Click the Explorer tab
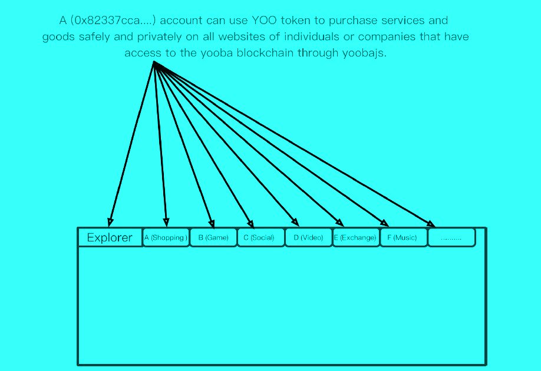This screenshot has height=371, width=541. (110, 237)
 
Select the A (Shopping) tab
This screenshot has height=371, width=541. (166, 237)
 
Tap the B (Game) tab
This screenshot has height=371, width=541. (213, 237)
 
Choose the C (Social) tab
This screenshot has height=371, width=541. (261, 237)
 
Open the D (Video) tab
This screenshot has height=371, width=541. (308, 237)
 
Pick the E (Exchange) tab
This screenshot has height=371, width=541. (356, 237)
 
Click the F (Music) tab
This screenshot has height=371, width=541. (403, 237)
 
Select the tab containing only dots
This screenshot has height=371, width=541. (451, 237)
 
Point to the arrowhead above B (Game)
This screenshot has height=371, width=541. (212, 224)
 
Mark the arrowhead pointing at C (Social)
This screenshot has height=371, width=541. (251, 224)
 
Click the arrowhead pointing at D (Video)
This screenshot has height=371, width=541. (295, 222)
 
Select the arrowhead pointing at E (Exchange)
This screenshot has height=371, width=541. (339, 223)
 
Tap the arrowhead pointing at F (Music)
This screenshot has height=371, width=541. (384, 223)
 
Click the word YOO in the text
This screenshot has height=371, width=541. (264, 21)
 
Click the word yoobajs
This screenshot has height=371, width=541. (364, 53)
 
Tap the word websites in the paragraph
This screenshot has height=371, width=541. (242, 37)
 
